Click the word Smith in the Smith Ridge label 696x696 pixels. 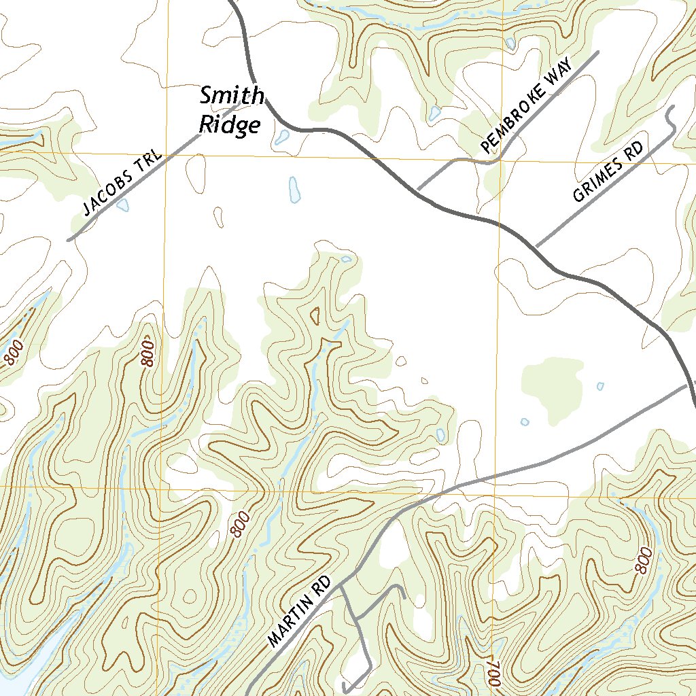(231, 97)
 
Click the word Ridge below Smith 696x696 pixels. (230, 126)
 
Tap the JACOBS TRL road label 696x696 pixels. (120, 185)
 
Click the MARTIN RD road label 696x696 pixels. (299, 612)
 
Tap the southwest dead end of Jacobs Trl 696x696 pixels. (69, 240)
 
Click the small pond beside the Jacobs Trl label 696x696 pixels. (122, 205)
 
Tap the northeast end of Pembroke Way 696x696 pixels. (598, 52)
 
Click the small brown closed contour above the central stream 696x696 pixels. (315, 315)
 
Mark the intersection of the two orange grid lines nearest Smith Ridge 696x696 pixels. (164, 155)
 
